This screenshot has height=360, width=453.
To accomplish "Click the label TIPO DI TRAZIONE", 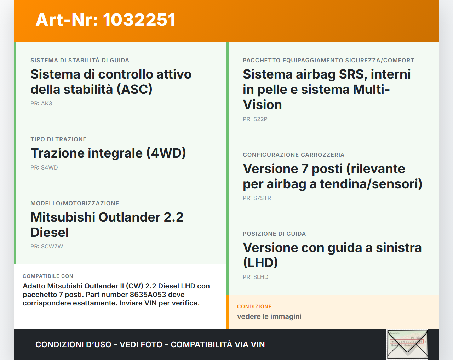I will point(58,139).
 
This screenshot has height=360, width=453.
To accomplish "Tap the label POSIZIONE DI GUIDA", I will point(274,234).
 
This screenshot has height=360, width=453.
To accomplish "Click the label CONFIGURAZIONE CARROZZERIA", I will point(293,155).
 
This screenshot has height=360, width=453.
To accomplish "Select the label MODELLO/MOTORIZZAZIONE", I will point(75,204).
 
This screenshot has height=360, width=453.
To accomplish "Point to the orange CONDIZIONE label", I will point(254,307).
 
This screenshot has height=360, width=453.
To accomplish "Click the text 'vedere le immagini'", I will point(269,316).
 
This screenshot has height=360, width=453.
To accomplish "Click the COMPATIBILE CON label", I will point(48,276).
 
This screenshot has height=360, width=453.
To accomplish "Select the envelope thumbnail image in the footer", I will point(407,344).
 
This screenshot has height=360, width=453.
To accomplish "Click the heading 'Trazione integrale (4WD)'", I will point(108,153).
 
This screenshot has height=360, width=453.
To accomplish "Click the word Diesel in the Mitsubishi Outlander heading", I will point(50,233).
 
